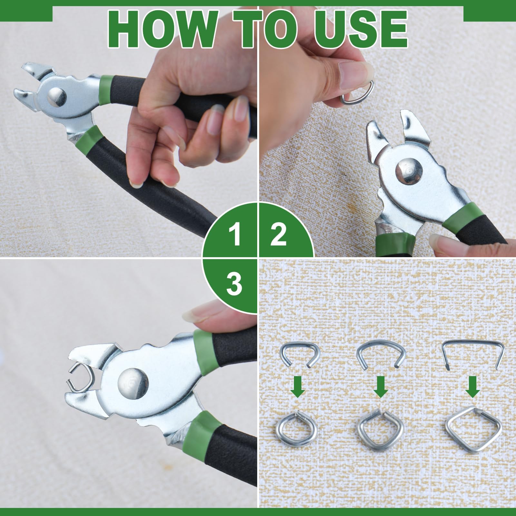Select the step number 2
pyautogui.click(x=279, y=235)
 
